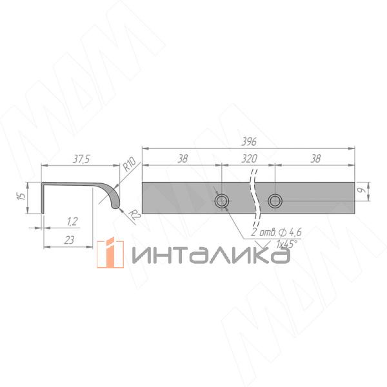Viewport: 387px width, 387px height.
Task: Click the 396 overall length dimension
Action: pos(248,142)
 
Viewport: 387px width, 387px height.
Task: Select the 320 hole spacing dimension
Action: pos(249,159)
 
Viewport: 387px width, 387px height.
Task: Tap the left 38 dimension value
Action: pos(183,159)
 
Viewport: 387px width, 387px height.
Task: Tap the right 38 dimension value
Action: pos(315,159)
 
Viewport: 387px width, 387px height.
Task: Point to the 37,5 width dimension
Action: pos(81,159)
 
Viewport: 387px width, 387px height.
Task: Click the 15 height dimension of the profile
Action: pos(22,196)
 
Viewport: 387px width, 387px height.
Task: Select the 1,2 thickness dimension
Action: pos(72,222)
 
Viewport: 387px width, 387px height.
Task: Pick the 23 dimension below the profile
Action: pos(69,240)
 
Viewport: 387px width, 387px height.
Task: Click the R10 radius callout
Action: pos(130,164)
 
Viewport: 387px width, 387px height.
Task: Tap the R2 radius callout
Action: pos(135,215)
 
